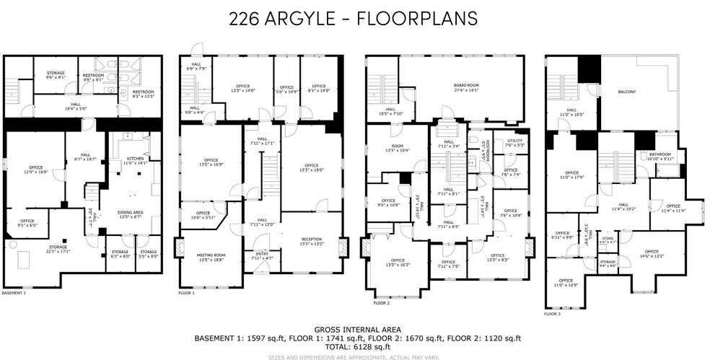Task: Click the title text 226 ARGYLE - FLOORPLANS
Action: tap(353, 18)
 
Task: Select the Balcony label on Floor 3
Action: tap(627, 92)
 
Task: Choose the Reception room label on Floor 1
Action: tap(312, 241)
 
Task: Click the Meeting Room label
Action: tap(211, 257)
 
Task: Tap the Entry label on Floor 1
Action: tap(261, 255)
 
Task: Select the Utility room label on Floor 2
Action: tap(514, 142)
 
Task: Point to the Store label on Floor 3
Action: tap(608, 239)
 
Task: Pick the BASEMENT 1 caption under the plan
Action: tap(14, 294)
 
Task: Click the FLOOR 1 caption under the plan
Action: tap(186, 294)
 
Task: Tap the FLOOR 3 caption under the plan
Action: tap(552, 315)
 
